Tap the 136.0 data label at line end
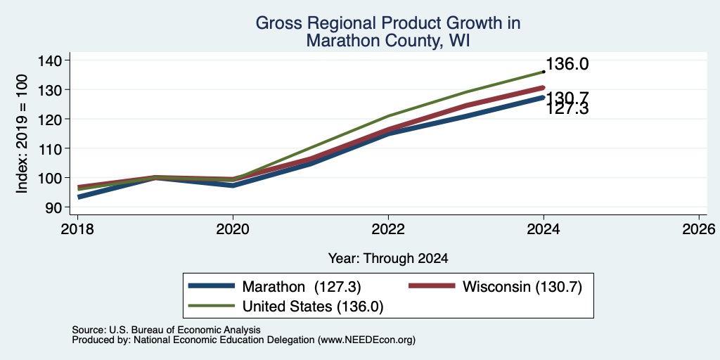coord(567,64)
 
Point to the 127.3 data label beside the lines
coord(567,109)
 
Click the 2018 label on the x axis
coord(77,229)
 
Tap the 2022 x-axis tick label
coord(388,229)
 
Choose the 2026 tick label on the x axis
coord(700,229)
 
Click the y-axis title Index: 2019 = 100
coord(22,134)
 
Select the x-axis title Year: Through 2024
coord(388,259)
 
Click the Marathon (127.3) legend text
coord(302,287)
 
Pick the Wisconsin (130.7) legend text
coord(522,287)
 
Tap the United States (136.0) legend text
coord(313,307)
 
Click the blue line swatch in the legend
coord(212,286)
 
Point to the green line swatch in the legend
coord(212,306)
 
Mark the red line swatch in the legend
coord(432,286)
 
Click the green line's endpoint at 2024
coord(544,72)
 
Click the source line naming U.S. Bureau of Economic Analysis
coord(166,330)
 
